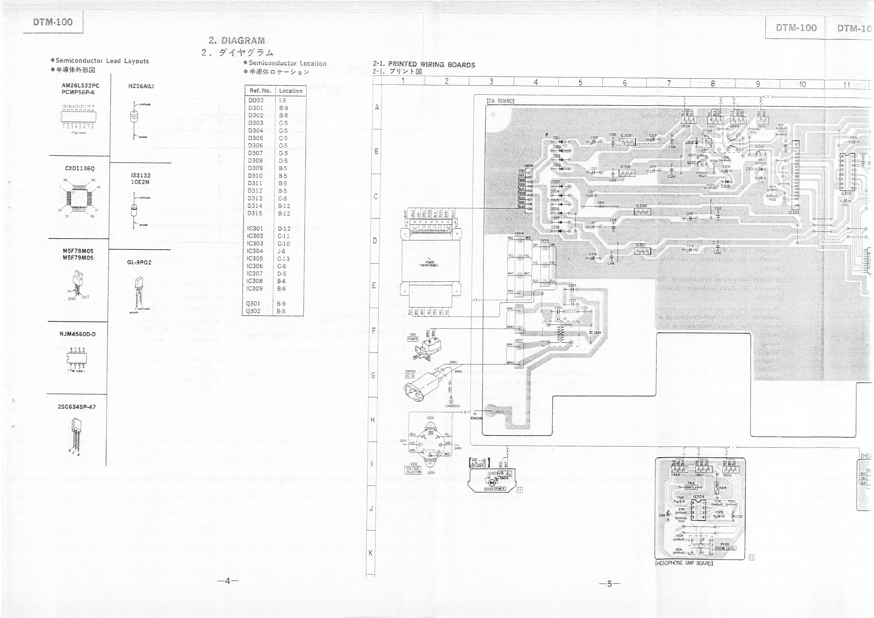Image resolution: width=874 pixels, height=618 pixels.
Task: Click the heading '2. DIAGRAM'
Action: click(x=236, y=40)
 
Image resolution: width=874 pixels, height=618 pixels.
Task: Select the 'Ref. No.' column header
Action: click(x=260, y=91)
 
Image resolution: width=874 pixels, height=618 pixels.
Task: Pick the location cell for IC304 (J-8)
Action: click(x=281, y=251)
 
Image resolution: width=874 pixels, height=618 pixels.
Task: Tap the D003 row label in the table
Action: click(x=256, y=101)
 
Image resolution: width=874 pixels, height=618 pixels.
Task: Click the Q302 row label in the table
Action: click(x=253, y=311)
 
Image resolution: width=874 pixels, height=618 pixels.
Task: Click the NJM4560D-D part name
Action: click(x=77, y=334)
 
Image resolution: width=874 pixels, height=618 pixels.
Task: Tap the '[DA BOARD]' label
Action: click(x=500, y=101)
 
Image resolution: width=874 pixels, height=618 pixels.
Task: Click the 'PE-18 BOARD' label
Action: click(x=479, y=463)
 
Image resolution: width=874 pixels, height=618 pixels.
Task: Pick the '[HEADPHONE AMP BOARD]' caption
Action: click(x=683, y=563)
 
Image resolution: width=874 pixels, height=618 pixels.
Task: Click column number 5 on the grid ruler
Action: click(x=580, y=82)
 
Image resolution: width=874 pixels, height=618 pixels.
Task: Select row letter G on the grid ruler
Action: click(x=373, y=375)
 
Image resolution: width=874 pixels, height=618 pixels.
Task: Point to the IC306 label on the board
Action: click(x=641, y=206)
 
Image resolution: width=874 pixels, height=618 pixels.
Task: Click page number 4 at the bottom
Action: click(x=228, y=581)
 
